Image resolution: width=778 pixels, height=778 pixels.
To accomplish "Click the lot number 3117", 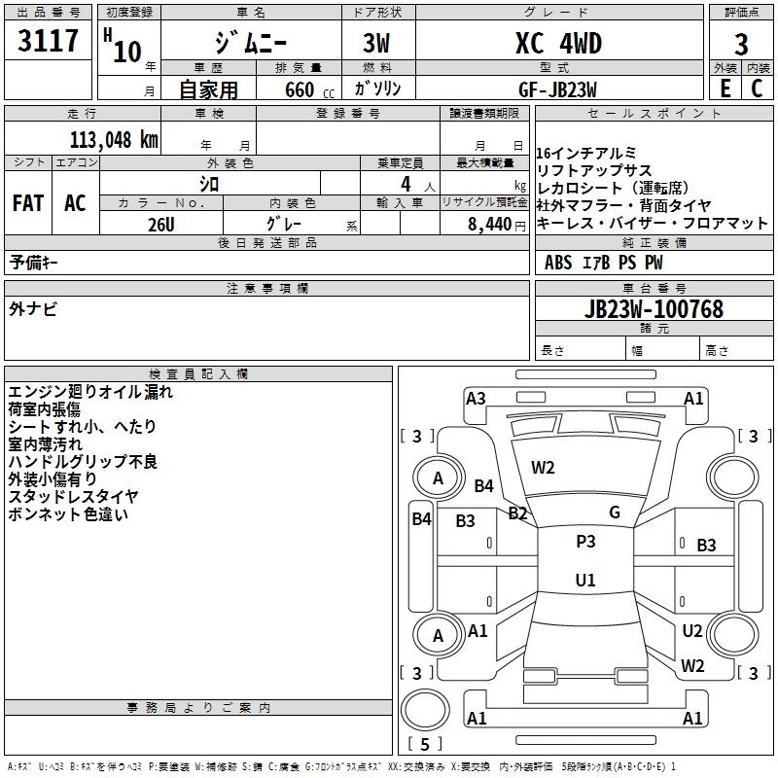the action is pos(48,41).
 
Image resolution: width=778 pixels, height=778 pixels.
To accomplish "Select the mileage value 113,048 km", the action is pos(114,140).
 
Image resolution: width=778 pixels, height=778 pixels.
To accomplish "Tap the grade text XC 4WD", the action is pos(558,43).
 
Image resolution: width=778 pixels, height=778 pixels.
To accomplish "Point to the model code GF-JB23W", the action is pos(557,89).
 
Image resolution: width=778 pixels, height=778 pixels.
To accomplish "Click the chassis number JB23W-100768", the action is pos(654,308).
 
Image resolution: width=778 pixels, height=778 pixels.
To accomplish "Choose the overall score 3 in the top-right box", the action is pos(741,45).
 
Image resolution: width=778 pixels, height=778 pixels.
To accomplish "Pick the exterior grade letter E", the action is pos(725,88).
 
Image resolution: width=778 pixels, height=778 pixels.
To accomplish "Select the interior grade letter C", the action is pos(758,88).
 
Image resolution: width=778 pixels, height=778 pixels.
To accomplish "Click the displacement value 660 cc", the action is pos(310,90).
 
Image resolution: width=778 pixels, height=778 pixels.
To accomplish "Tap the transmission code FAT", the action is pos(28,203).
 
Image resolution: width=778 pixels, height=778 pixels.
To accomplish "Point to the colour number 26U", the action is pos(161,225).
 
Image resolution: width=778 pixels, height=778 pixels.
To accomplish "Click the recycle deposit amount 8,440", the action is pos(490,225).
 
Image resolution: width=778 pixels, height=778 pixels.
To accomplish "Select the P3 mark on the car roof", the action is pos(585,542).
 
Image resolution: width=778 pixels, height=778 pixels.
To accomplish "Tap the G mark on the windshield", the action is pos(615,513).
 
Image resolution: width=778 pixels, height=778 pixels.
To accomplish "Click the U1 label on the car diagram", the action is pos(585,580).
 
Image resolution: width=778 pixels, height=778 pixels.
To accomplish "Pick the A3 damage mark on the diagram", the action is pos(476,399).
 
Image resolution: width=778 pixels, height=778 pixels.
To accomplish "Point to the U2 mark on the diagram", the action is pos(692,630).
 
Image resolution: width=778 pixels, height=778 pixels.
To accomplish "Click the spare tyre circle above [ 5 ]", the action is pos(425,710).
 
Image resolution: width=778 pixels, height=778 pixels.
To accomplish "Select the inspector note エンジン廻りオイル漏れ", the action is pos(90,392).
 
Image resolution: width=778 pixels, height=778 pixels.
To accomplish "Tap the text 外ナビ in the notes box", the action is pos(33,308).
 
